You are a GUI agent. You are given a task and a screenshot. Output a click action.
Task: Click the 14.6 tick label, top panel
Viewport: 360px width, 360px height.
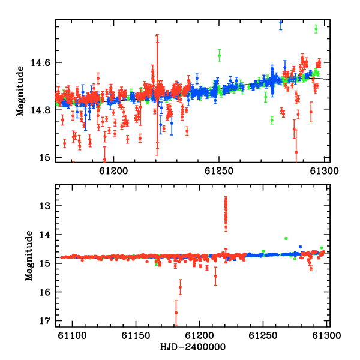pyautogui.click(x=40, y=62)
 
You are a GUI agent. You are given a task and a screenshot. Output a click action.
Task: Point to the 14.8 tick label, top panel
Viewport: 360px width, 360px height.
pyautogui.click(x=40, y=110)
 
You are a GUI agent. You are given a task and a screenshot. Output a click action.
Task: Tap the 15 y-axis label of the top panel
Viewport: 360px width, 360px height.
pyautogui.click(x=45, y=158)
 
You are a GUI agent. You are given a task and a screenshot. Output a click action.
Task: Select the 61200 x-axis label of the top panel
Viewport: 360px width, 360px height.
pyautogui.click(x=113, y=171)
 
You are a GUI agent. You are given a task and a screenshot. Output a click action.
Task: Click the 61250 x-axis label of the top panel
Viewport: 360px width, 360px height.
pyautogui.click(x=219, y=171)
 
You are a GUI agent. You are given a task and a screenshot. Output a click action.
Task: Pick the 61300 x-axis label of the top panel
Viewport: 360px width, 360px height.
pyautogui.click(x=324, y=171)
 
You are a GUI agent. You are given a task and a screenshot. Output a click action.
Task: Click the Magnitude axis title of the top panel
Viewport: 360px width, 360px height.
pyautogui.click(x=20, y=91)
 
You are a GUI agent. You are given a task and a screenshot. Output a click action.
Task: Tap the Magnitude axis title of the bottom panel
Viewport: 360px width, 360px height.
pyautogui.click(x=29, y=256)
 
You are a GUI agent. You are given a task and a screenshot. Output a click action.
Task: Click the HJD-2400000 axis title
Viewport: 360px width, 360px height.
pyautogui.click(x=193, y=347)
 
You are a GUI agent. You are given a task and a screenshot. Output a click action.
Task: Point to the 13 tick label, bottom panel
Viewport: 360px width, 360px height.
pyautogui.click(x=45, y=206)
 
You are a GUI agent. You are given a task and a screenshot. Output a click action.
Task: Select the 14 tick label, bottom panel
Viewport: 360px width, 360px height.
pyautogui.click(x=45, y=235)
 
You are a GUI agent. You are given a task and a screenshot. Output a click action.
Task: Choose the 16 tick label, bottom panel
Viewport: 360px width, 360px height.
pyautogui.click(x=45, y=292)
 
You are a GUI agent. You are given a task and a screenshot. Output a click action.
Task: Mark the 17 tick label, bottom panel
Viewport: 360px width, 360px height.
pyautogui.click(x=45, y=321)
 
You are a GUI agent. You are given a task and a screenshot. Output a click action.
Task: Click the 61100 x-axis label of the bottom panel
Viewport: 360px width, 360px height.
pyautogui.click(x=73, y=335)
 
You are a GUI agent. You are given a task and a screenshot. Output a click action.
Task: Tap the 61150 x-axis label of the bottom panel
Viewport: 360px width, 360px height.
pyautogui.click(x=136, y=335)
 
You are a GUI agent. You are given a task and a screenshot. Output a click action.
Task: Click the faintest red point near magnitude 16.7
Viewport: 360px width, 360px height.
pyautogui.click(x=176, y=313)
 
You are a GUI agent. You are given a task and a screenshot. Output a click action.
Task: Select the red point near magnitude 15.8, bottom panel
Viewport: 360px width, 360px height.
pyautogui.click(x=180, y=287)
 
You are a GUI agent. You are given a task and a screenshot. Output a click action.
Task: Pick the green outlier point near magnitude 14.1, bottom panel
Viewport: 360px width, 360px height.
pyautogui.click(x=286, y=239)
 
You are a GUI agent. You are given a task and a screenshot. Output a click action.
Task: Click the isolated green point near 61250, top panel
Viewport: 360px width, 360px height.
pyautogui.click(x=220, y=56)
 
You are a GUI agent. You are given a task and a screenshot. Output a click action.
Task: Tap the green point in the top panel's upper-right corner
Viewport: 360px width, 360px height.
pyautogui.click(x=316, y=29)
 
